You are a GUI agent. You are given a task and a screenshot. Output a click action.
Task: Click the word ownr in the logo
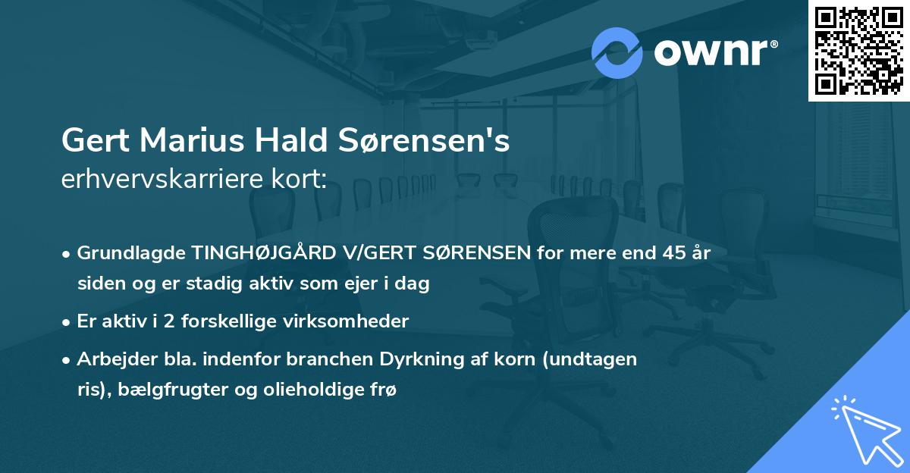(715, 54)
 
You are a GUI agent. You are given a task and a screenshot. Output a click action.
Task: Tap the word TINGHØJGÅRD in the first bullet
(256, 252)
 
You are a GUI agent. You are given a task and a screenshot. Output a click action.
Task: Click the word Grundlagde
(130, 252)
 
